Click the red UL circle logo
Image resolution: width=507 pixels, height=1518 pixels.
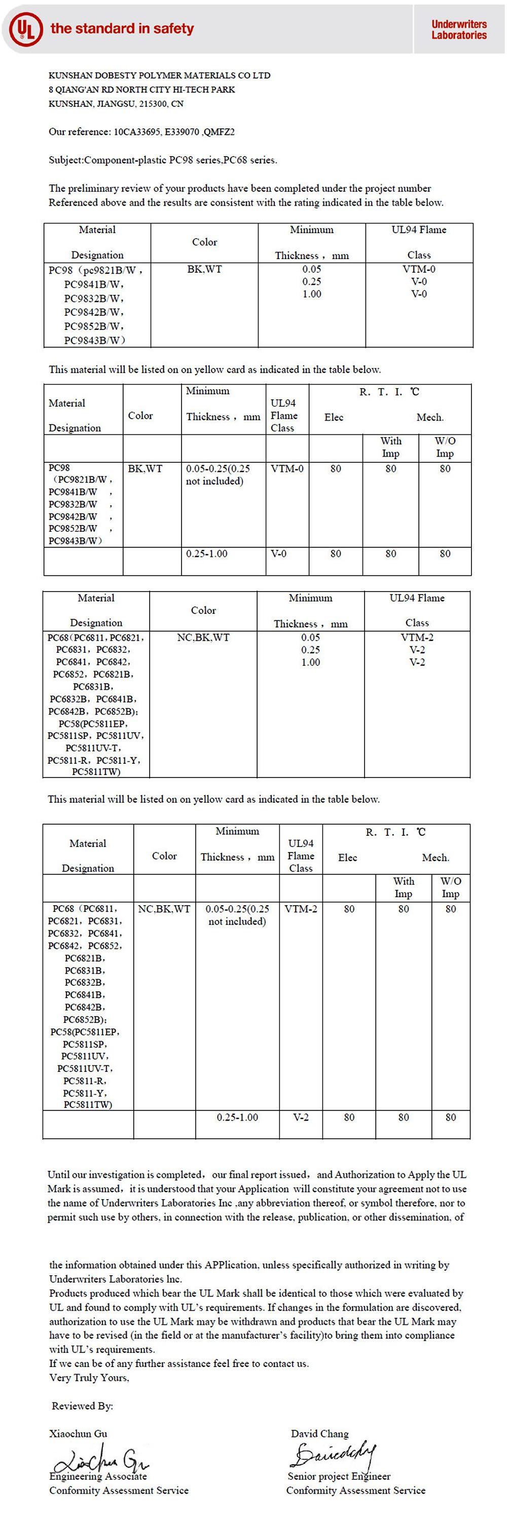[26, 29]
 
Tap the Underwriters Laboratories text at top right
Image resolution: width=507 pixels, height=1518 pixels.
[459, 29]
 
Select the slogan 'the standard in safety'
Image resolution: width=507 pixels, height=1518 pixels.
[122, 28]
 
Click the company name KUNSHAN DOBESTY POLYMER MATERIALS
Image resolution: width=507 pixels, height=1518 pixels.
[159, 76]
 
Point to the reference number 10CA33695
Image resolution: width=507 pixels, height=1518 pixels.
[136, 131]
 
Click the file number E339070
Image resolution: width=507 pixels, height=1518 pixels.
[181, 131]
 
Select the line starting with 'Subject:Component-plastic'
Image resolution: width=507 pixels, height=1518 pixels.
[163, 160]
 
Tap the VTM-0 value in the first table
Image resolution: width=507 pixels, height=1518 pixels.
[419, 269]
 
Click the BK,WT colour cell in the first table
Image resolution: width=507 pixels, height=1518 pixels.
[204, 269]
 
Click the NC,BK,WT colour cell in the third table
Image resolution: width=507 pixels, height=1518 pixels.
[203, 638]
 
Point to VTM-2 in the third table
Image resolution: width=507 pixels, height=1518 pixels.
[417, 638]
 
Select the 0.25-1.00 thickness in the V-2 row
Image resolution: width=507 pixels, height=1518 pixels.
[237, 1117]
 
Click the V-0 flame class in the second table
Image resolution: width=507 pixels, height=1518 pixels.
[278, 554]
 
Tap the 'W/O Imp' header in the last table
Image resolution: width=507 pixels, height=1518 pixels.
[450, 887]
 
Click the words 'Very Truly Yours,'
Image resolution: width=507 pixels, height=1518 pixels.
[89, 1378]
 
